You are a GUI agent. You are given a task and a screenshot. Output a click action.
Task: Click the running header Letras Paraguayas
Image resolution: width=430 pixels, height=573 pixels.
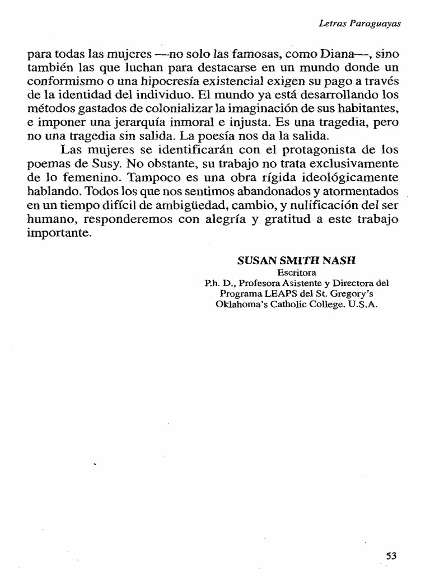click(x=360, y=24)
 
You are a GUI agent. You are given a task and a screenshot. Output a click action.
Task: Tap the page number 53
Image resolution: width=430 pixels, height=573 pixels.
click(x=391, y=556)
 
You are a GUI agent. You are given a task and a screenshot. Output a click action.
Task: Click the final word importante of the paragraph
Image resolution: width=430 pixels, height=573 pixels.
click(x=58, y=233)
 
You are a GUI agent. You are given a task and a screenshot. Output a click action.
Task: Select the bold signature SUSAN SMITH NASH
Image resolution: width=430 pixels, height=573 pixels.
click(x=297, y=261)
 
